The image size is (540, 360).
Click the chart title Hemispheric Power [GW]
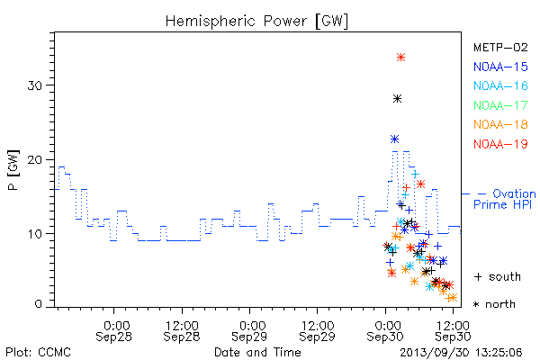tap(256, 22)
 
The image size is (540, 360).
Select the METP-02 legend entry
tap(500, 48)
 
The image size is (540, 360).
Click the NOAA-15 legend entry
tap(500, 67)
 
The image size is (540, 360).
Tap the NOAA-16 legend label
tap(500, 85)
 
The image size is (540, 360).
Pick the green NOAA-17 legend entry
tap(500, 105)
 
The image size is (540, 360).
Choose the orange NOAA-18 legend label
tap(500, 124)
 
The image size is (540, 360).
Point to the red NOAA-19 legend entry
tap(500, 144)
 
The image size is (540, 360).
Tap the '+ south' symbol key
tap(498, 276)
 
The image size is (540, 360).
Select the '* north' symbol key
tap(494, 304)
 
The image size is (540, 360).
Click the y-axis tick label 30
tap(35, 85)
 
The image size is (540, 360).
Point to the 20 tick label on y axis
tap(35, 160)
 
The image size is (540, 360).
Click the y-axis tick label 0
tap(38, 304)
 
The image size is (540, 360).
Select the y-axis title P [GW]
tap(13, 170)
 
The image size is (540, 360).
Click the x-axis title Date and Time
tap(257, 353)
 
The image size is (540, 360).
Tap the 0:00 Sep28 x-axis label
tap(113, 331)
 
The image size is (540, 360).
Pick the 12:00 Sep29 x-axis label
tap(317, 331)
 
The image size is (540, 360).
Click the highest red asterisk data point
tap(400, 58)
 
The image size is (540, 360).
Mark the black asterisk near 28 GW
tap(397, 99)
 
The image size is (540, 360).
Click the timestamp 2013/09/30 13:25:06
tap(461, 353)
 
